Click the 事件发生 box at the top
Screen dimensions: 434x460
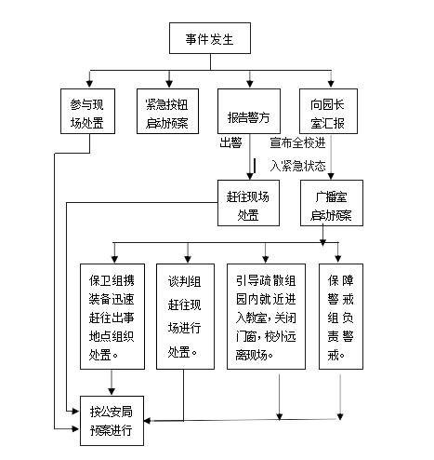coord(210,38)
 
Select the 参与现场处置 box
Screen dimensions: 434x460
coord(87,112)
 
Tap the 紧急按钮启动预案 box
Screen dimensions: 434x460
coord(167,112)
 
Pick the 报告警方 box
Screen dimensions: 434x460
coord(249,112)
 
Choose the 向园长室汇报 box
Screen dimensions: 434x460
coord(328,112)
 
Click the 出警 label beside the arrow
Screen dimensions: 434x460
coord(230,143)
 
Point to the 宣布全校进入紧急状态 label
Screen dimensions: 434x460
coord(297,155)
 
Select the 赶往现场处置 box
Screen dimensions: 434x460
coord(248,203)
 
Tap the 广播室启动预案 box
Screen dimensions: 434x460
coord(332,203)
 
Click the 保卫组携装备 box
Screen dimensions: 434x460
coord(112,317)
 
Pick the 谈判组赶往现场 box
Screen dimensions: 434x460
coord(185,317)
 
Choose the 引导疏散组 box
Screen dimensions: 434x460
coord(266,317)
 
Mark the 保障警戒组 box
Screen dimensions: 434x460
coord(341,317)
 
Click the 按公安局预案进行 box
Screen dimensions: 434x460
coord(112,421)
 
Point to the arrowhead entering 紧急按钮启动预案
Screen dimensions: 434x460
coord(169,84)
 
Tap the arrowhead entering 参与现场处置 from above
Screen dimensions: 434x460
coord(89,84)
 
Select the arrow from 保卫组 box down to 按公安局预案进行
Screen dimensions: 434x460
coord(112,383)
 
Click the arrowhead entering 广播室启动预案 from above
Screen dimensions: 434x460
coord(331,176)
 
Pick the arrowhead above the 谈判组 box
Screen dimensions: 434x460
coord(188,259)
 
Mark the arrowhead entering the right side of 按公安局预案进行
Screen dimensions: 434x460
coord(148,421)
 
